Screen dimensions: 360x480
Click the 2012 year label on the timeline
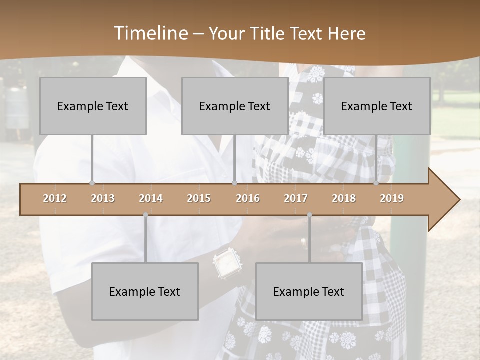[x=55, y=198]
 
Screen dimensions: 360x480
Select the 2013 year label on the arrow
[x=103, y=198]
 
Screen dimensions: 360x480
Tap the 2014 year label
[x=151, y=198]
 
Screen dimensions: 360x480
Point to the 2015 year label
[x=199, y=198]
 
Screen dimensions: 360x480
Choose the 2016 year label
[x=248, y=198]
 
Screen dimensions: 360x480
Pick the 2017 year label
[x=296, y=198]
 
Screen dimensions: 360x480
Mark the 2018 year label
[x=344, y=198]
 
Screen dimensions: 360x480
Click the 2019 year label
[x=392, y=198]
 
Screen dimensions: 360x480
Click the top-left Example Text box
[x=93, y=106]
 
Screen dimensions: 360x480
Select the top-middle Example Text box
[x=235, y=106]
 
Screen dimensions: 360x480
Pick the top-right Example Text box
[x=377, y=106]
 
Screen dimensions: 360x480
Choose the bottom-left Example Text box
[x=145, y=291]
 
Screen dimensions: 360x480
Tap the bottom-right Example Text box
[x=309, y=291]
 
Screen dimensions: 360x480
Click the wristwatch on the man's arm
[x=228, y=262]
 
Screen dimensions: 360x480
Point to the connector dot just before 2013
[x=92, y=183]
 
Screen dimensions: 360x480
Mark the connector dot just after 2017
[x=309, y=215]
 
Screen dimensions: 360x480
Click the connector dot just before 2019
[x=376, y=183]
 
